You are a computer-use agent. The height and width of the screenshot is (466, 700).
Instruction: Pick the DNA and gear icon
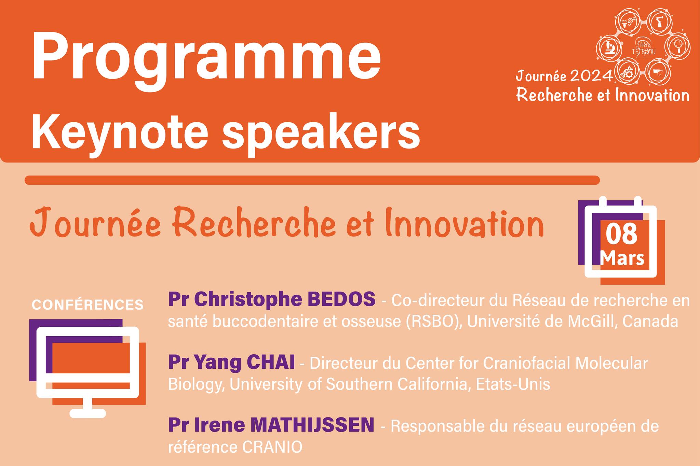click(628, 73)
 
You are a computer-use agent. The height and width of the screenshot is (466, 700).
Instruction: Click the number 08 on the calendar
click(622, 235)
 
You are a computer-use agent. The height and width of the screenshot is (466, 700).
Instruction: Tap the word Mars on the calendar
click(622, 258)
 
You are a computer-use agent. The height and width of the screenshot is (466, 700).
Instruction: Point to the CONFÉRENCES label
click(87, 305)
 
